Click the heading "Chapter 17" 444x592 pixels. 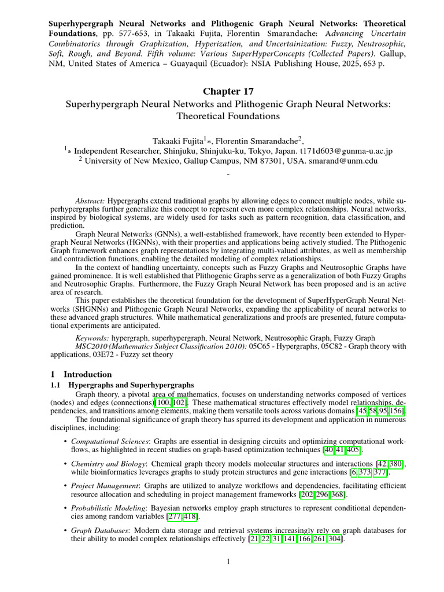pyautogui.click(x=228, y=91)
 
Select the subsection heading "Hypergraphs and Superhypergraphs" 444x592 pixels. pyautogui.click(x=131, y=384)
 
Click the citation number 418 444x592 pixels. pyautogui.click(x=191, y=516)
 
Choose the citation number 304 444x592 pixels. pyautogui.click(x=335, y=539)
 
